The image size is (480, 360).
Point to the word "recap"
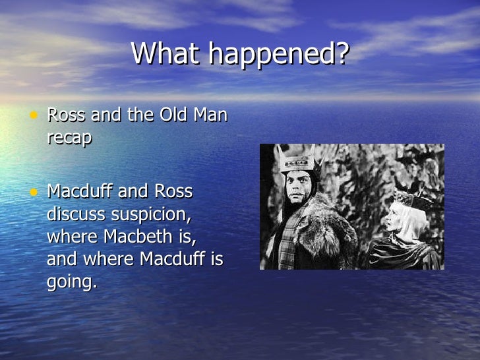(69, 139)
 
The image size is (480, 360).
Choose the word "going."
(72, 282)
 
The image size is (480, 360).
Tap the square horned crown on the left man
(298, 160)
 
